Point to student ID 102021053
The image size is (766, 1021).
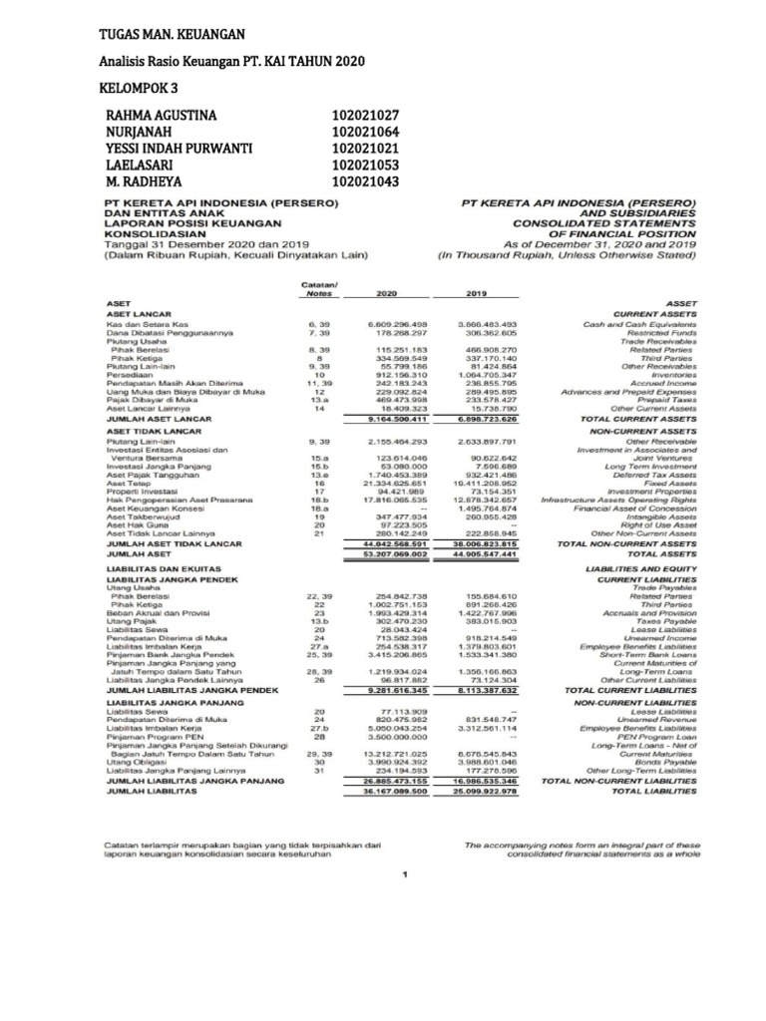pyautogui.click(x=365, y=166)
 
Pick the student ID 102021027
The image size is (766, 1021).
pyautogui.click(x=365, y=116)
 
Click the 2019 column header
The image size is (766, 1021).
pyautogui.click(x=476, y=294)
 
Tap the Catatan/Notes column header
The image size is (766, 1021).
pyautogui.click(x=319, y=289)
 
